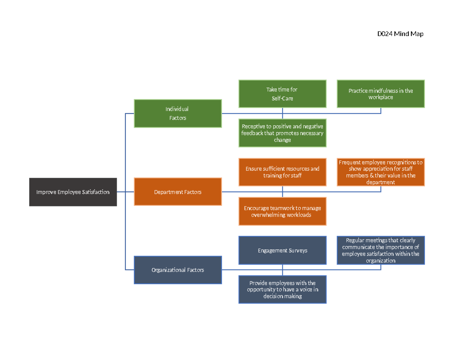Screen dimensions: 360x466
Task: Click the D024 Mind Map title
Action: [400, 34]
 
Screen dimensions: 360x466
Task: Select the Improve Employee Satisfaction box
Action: [73, 192]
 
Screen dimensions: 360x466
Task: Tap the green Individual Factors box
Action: [178, 113]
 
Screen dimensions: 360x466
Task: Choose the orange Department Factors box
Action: [178, 192]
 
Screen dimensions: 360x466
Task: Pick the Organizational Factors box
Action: [178, 270]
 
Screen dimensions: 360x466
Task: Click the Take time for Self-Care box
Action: [282, 94]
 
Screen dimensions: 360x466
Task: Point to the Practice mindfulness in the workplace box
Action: [381, 94]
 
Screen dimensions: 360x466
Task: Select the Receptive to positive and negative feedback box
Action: [282, 133]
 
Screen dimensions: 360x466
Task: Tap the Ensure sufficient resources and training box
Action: [282, 172]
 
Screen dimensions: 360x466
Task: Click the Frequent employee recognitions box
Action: [381, 172]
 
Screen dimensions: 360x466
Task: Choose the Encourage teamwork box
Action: [282, 211]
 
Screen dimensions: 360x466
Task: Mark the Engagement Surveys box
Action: [282, 250]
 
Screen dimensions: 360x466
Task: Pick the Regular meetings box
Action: [381, 250]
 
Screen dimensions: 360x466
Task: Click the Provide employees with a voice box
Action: [282, 290]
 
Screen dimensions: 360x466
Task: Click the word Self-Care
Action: [282, 99]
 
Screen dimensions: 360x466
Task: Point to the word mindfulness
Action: [383, 91]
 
